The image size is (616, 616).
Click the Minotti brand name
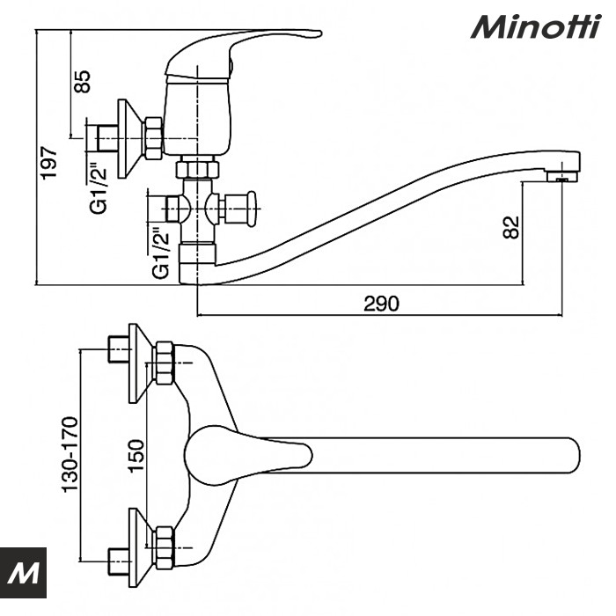click(x=534, y=27)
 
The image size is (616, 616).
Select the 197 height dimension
click(x=50, y=162)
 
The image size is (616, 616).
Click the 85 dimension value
click(x=82, y=80)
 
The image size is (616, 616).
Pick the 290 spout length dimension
click(x=381, y=304)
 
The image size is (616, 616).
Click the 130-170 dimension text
click(x=70, y=453)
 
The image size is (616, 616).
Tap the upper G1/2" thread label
click(x=101, y=187)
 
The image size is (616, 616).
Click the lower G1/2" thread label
click(x=161, y=253)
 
